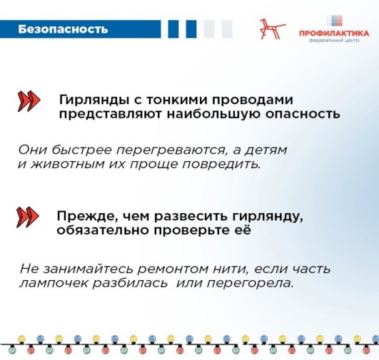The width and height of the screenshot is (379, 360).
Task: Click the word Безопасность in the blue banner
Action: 63,29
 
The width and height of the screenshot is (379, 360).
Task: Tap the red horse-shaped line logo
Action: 273,29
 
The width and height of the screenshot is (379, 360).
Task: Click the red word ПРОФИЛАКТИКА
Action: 334,34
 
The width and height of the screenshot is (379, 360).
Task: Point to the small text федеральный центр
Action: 334,41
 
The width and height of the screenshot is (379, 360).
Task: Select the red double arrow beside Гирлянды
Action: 29,101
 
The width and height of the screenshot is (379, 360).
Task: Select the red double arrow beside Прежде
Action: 27,217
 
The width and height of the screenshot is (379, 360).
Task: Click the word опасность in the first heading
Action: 303,115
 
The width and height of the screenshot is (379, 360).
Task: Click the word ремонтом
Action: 173,269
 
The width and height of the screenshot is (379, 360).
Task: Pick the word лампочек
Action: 54,284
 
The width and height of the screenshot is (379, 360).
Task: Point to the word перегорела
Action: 251,284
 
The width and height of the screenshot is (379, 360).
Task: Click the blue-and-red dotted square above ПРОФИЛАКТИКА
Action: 334,21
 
